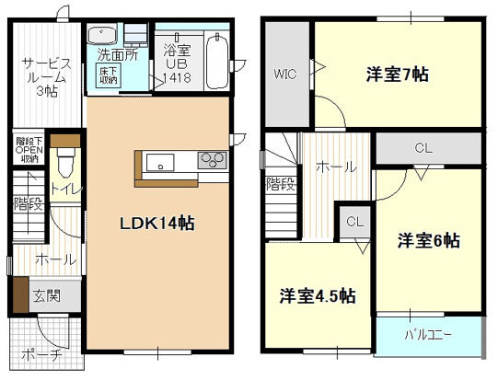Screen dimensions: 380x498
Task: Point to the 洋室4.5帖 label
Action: point(318,296)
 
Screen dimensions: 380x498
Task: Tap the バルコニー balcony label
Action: point(428,333)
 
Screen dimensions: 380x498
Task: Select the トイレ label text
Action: point(65,190)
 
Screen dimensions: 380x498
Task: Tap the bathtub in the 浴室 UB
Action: point(217,60)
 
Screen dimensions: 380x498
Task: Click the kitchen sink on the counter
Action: point(159,164)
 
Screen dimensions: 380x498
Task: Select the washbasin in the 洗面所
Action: point(101,36)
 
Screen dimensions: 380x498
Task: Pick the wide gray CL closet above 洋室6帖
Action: point(423,147)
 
